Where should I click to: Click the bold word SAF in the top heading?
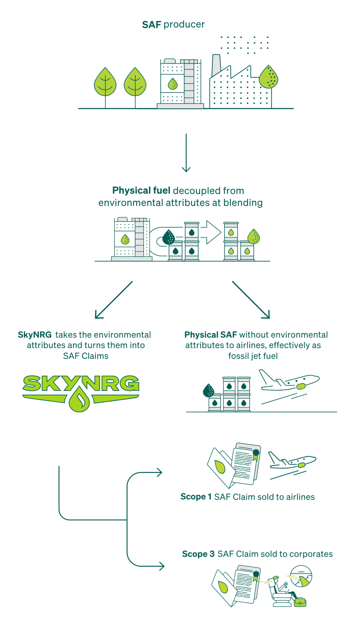pos(151,25)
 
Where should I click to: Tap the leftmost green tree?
pos(105,82)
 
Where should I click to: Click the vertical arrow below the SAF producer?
pos(186,152)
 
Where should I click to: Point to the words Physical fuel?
pos(141,191)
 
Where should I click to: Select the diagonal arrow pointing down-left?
pos(114,299)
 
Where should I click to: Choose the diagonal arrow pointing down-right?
pos(251,299)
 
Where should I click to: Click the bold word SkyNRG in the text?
pos(35,335)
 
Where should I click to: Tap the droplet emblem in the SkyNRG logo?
pos(79,400)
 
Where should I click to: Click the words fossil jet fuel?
pos(253,356)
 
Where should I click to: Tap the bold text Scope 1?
pos(196,497)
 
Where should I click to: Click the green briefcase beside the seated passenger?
pos(300,602)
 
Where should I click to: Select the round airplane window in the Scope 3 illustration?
pos(301,576)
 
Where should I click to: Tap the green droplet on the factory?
pos(269,77)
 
